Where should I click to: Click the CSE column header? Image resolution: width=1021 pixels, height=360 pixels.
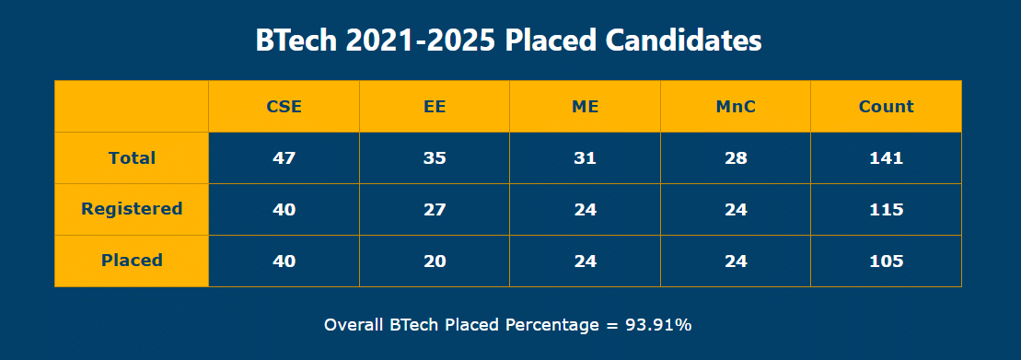[284, 106]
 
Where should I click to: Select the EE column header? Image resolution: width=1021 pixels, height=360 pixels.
[435, 106]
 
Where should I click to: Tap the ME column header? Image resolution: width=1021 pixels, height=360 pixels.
[585, 106]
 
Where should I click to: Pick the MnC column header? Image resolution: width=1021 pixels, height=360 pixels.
[736, 106]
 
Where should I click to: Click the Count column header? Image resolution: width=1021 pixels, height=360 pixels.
[886, 106]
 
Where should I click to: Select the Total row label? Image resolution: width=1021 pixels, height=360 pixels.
[132, 157]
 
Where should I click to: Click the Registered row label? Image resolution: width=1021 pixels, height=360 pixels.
[132, 209]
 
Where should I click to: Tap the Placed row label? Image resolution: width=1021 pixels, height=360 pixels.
[132, 261]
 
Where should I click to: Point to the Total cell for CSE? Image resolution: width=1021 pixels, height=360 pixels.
[284, 157]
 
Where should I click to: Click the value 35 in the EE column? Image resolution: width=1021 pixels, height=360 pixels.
[435, 157]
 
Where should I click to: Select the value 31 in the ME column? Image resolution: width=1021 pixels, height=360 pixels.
[585, 157]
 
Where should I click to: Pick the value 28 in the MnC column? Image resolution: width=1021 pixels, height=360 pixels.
[736, 157]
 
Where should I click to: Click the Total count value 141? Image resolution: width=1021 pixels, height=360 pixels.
[886, 157]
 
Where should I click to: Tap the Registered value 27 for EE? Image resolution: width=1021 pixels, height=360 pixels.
[435, 209]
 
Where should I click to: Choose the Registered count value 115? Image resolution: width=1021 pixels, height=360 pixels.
[886, 209]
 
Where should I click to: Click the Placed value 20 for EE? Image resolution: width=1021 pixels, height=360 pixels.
[435, 261]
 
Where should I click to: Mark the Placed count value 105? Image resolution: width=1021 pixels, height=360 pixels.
[886, 261]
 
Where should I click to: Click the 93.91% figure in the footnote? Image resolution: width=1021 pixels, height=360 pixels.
[658, 325]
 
